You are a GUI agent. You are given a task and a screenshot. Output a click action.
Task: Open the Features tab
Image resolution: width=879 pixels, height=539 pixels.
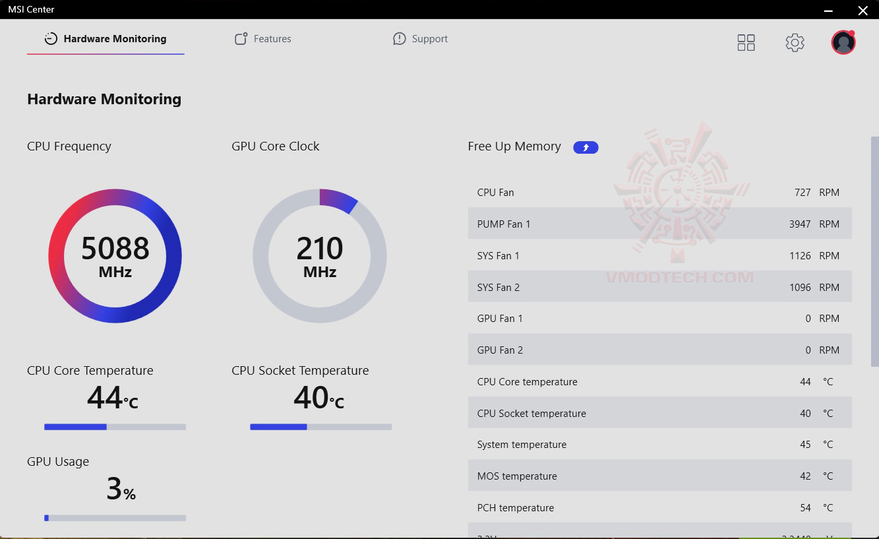tap(263, 39)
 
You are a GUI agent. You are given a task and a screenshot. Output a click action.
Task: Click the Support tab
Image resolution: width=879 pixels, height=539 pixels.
tap(420, 39)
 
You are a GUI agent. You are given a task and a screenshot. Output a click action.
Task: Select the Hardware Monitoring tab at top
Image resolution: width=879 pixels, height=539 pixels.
tap(106, 39)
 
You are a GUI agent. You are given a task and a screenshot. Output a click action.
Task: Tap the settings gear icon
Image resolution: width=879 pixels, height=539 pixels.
tap(795, 43)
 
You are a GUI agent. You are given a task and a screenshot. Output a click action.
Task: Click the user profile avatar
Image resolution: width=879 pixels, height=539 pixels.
tap(843, 43)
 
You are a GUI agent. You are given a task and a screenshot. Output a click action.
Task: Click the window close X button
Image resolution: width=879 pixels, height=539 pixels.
tap(863, 10)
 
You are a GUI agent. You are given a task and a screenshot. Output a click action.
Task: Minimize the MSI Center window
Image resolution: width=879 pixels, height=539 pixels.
tap(829, 10)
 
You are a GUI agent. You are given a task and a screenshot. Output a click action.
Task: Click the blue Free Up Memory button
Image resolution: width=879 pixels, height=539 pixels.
tap(586, 147)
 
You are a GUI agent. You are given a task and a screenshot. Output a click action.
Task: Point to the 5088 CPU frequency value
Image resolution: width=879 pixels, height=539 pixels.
tap(115, 249)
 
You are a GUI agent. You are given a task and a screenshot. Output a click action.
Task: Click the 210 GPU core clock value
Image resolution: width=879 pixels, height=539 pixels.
tap(320, 249)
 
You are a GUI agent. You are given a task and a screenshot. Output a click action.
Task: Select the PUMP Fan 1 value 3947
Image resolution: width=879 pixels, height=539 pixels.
tap(799, 224)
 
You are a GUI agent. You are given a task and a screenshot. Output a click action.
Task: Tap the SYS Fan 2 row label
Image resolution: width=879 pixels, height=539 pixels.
tap(498, 288)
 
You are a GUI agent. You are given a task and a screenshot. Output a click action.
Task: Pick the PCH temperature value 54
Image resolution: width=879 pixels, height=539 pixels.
tap(805, 508)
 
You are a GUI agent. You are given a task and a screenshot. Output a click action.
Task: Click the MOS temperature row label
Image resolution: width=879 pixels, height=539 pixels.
tap(517, 476)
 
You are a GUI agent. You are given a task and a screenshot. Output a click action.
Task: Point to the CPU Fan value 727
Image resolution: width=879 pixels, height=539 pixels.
tap(803, 193)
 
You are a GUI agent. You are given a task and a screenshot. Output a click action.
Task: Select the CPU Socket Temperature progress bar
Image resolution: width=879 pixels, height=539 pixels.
tap(320, 427)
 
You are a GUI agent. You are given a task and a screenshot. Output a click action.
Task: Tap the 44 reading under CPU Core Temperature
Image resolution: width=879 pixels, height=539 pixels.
tap(105, 398)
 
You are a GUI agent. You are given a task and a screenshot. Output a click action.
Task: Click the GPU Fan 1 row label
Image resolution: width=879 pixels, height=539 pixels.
tap(500, 319)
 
